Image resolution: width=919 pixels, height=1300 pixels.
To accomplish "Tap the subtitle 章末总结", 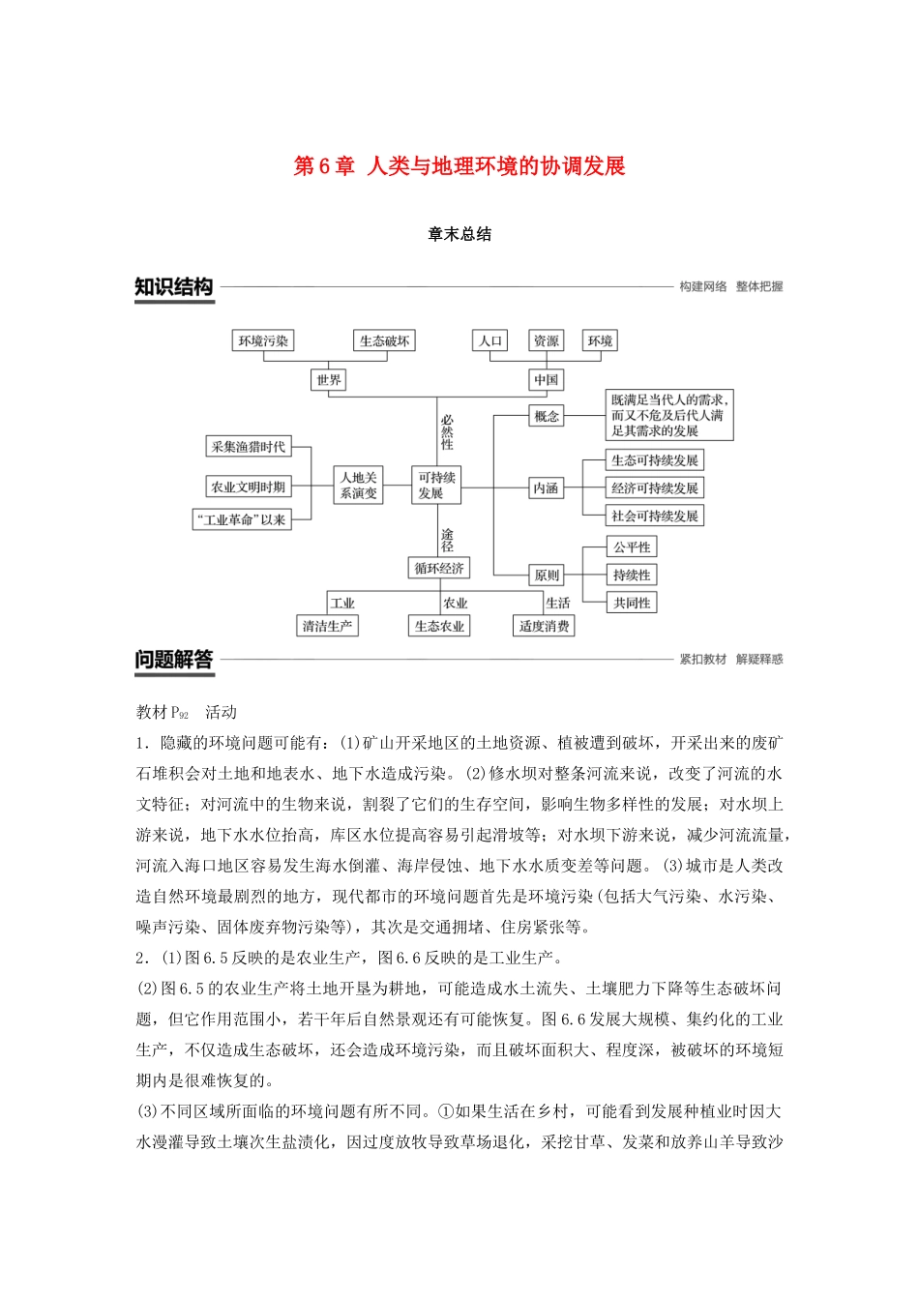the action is (459, 234).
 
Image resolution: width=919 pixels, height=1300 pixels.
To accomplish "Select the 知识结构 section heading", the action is (174, 287).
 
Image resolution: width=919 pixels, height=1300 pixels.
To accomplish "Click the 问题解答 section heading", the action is (174, 660).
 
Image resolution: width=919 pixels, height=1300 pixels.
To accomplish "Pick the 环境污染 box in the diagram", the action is (263, 340).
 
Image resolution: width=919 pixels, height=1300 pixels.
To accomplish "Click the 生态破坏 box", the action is (384, 340).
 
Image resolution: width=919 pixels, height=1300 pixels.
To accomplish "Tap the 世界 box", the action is (329, 380).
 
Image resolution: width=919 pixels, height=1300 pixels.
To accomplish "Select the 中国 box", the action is (546, 380).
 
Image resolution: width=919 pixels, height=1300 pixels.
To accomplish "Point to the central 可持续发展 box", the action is (436, 485).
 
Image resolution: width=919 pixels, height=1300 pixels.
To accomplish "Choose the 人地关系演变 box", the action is (358, 485).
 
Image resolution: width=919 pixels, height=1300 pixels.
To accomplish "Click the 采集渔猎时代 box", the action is (249, 447).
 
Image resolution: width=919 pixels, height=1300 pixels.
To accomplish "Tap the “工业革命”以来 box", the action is (242, 519).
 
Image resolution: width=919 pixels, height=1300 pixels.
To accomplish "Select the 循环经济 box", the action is (439, 568).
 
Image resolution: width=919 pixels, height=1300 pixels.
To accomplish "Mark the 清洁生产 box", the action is (327, 626).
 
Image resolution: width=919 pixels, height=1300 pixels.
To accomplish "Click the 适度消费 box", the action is (544, 626).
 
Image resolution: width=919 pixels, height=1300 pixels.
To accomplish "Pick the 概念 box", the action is (547, 416).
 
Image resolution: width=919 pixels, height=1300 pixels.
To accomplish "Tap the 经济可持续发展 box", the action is (654, 487).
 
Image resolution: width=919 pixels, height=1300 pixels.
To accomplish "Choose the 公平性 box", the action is (632, 547).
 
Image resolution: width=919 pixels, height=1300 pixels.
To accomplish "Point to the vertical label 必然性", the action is (447, 432).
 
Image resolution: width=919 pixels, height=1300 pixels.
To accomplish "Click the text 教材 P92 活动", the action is (187, 712).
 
